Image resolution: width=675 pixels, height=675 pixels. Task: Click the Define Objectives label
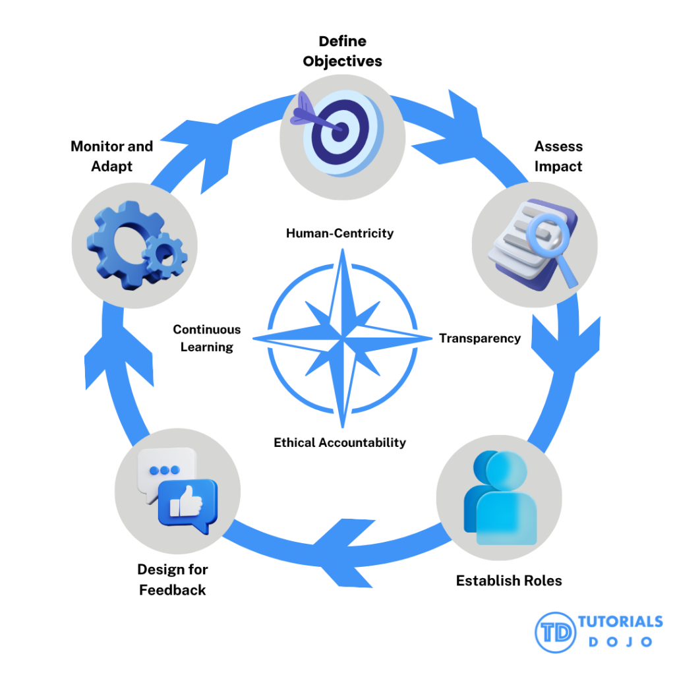tap(342, 51)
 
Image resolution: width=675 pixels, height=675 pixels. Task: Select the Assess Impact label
tap(558, 156)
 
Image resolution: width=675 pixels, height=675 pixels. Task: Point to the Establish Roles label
tap(509, 581)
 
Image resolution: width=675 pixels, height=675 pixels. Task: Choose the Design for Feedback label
tap(173, 579)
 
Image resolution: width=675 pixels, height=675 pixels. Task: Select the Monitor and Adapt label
tap(111, 156)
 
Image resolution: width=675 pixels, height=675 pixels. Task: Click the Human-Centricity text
tap(339, 233)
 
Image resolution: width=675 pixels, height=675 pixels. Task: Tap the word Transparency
tap(480, 338)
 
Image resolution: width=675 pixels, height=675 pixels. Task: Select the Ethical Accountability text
tap(339, 442)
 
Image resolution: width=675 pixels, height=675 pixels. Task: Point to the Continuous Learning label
tap(207, 338)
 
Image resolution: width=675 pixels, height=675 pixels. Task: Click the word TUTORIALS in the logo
tap(620, 622)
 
